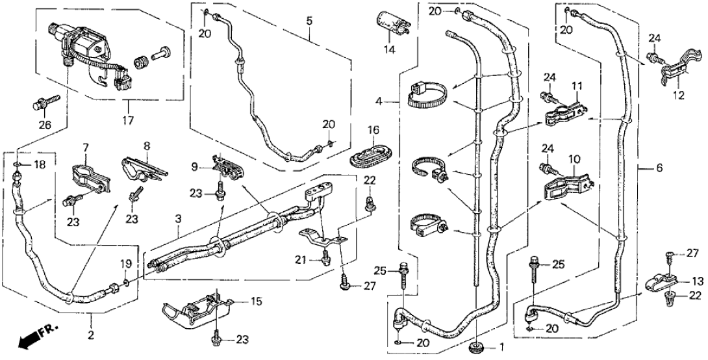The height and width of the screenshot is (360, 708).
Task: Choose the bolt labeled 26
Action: click(45, 102)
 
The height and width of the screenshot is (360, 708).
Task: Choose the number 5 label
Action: click(310, 21)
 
